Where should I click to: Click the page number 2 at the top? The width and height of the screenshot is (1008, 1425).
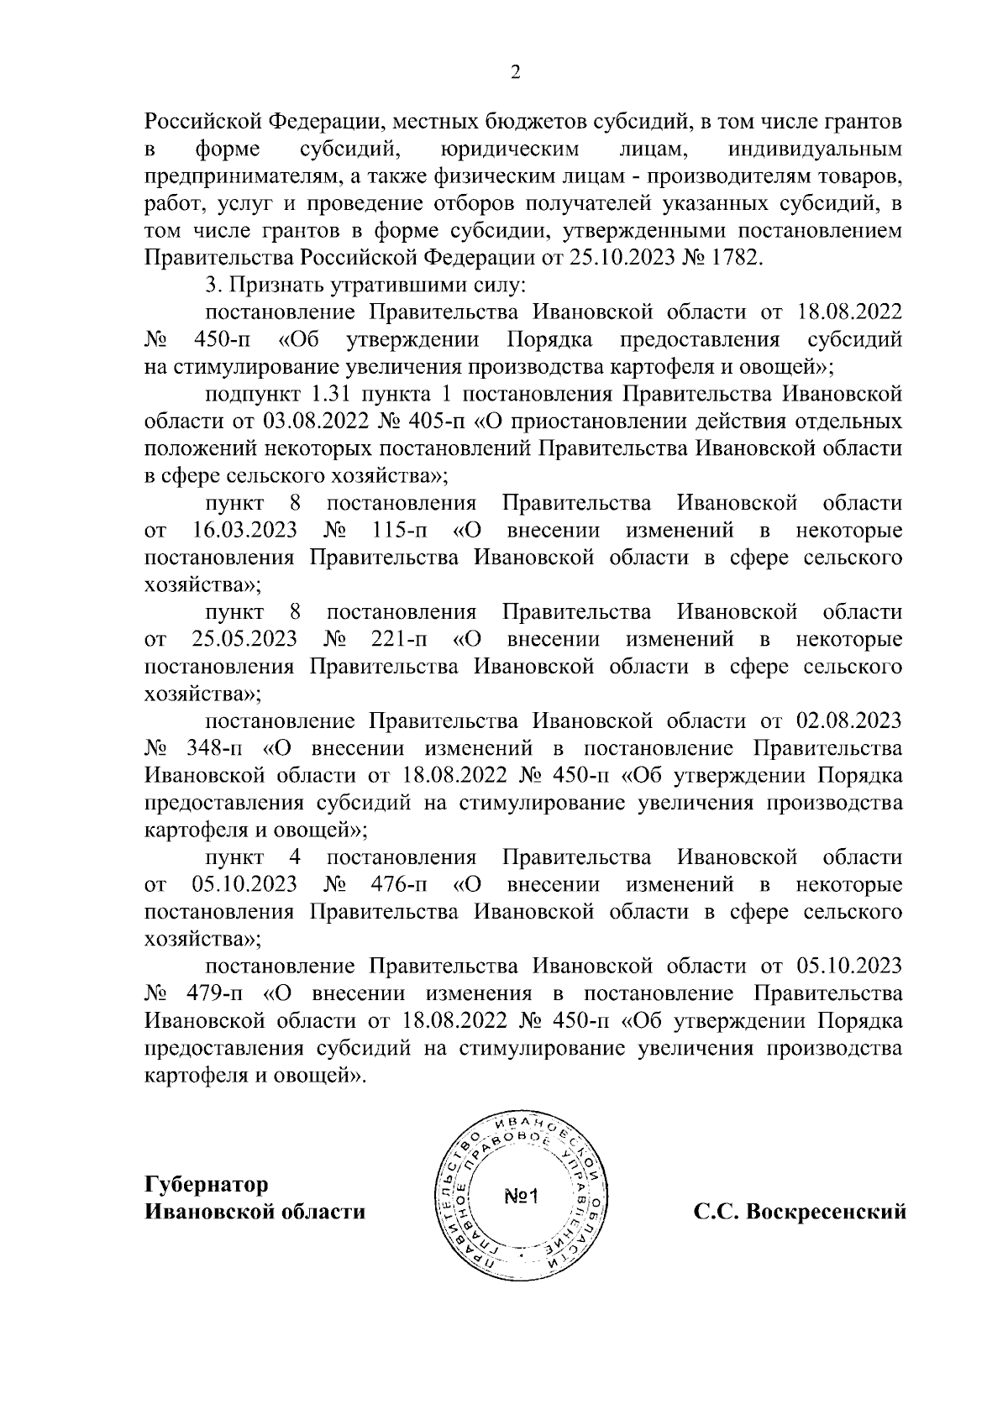point(516,73)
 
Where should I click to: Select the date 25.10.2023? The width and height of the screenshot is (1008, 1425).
point(615,257)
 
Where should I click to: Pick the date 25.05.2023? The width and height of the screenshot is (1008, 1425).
point(244,639)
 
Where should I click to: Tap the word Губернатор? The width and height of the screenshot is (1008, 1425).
point(207,1185)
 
